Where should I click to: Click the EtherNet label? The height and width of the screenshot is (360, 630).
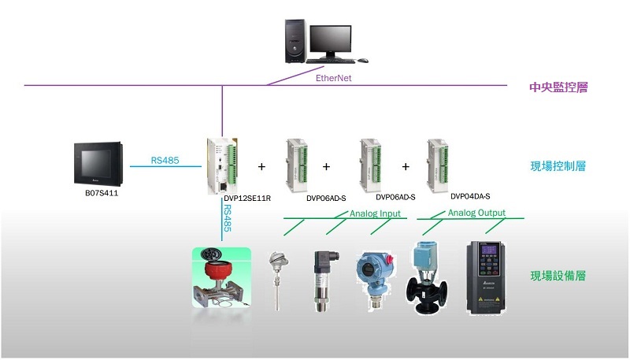point(333,79)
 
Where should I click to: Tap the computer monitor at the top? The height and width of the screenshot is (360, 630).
point(330,39)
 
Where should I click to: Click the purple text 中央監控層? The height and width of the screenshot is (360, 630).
point(558,87)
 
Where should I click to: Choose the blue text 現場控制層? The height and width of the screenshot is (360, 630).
point(558,167)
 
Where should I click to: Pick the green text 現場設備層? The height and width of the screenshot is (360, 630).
point(558,276)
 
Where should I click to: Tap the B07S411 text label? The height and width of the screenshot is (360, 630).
point(101,191)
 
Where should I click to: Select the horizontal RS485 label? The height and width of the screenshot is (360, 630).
point(165,161)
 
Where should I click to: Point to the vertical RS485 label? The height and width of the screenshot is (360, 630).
point(228,217)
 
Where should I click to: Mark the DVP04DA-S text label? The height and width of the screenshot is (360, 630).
point(470,195)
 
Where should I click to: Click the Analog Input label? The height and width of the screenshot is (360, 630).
point(375,213)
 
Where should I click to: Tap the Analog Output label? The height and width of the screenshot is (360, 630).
point(476,213)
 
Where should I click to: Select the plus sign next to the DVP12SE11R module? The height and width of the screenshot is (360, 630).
point(261,167)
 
